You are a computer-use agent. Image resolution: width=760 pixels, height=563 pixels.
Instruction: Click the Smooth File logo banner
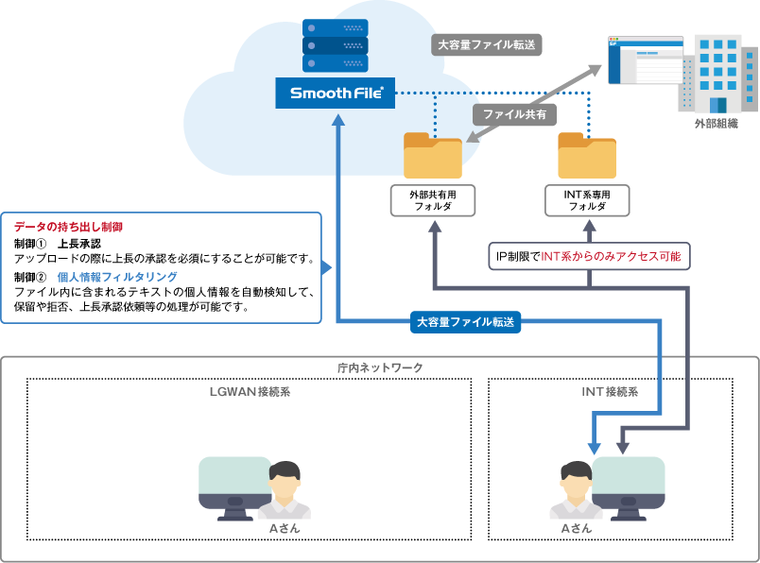pyautogui.click(x=336, y=93)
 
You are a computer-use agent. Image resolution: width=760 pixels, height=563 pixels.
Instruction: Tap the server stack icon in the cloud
pyautogui.click(x=336, y=46)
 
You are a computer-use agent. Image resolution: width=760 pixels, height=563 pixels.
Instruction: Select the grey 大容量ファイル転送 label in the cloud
pyautogui.click(x=488, y=44)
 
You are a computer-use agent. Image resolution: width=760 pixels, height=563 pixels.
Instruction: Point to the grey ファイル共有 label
pyautogui.click(x=514, y=113)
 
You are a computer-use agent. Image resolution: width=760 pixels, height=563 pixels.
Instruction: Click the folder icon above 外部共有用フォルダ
pyautogui.click(x=432, y=155)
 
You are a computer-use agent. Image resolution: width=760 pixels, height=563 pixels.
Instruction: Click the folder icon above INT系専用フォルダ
pyautogui.click(x=587, y=155)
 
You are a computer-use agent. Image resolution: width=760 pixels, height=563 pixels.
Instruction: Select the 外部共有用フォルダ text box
pyautogui.click(x=432, y=199)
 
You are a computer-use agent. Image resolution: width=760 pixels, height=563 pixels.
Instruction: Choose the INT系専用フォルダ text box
pyautogui.click(x=587, y=199)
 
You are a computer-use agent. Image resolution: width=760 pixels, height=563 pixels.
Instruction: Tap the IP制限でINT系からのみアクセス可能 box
pyautogui.click(x=588, y=255)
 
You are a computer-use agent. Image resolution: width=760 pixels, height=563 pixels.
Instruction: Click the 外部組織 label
pyautogui.click(x=716, y=124)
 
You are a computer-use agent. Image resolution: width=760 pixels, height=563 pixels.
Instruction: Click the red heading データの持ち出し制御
pyautogui.click(x=68, y=228)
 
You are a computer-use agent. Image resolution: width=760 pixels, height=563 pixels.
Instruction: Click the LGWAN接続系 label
pyautogui.click(x=250, y=391)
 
